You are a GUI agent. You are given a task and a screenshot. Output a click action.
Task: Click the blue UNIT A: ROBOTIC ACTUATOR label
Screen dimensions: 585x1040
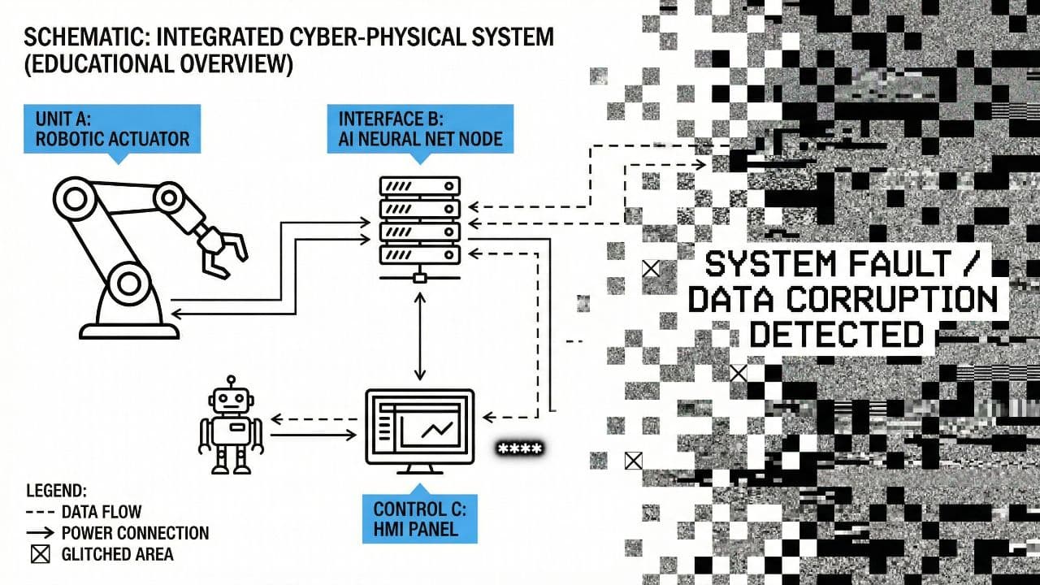(x=112, y=128)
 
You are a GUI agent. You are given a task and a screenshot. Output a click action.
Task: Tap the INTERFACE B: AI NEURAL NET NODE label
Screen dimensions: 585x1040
(x=420, y=128)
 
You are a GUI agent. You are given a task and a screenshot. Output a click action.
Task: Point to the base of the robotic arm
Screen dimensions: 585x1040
(x=128, y=328)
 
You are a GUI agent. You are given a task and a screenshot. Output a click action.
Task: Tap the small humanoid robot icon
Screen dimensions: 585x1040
(x=232, y=426)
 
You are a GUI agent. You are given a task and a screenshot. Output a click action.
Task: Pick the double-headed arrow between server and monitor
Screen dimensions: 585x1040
(x=420, y=337)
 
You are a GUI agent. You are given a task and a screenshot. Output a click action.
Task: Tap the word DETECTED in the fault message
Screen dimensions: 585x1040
(x=837, y=334)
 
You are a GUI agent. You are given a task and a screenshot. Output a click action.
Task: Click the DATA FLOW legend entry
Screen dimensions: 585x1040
(x=101, y=512)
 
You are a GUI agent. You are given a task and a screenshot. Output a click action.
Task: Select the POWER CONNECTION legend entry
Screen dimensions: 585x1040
(x=135, y=533)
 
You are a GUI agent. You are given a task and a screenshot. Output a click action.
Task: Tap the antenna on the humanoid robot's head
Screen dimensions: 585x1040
(x=232, y=381)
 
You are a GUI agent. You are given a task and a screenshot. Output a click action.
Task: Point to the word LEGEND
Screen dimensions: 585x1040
(x=57, y=491)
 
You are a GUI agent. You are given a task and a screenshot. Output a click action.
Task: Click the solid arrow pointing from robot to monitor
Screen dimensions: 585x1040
(x=313, y=436)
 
